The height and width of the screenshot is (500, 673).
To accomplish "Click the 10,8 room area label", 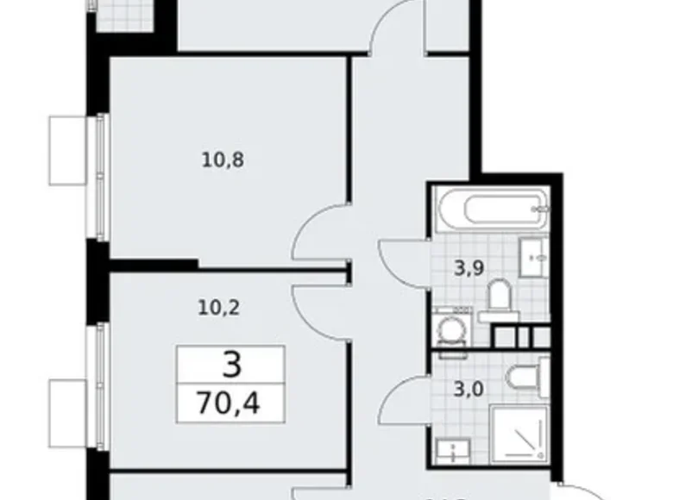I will click(222, 160).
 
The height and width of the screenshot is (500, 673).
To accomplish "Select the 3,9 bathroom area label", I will click(469, 267).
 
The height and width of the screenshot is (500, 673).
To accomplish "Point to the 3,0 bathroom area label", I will click(469, 389).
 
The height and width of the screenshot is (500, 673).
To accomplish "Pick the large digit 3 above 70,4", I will click(230, 366).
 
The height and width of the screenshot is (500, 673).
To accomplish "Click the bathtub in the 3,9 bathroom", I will click(489, 208).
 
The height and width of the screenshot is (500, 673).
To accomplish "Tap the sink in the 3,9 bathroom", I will click(531, 254).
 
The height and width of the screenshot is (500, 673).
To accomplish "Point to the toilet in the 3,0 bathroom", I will click(523, 376).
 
